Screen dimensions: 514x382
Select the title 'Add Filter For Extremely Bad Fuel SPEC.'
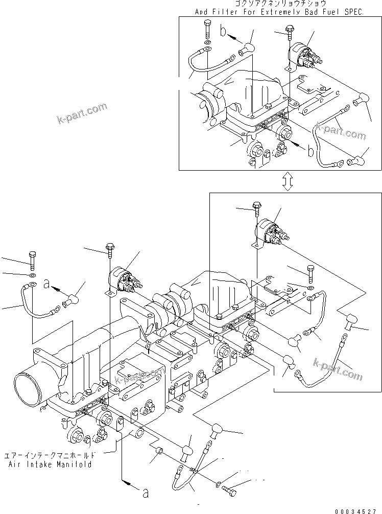[279, 11]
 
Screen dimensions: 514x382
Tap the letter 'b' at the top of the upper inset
[223, 32]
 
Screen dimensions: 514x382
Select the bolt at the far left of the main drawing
[33, 261]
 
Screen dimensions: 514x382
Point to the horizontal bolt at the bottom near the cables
[232, 489]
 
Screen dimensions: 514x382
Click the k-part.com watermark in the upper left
[82, 113]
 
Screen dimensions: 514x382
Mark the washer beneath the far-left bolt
[32, 276]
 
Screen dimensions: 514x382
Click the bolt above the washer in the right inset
[309, 274]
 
